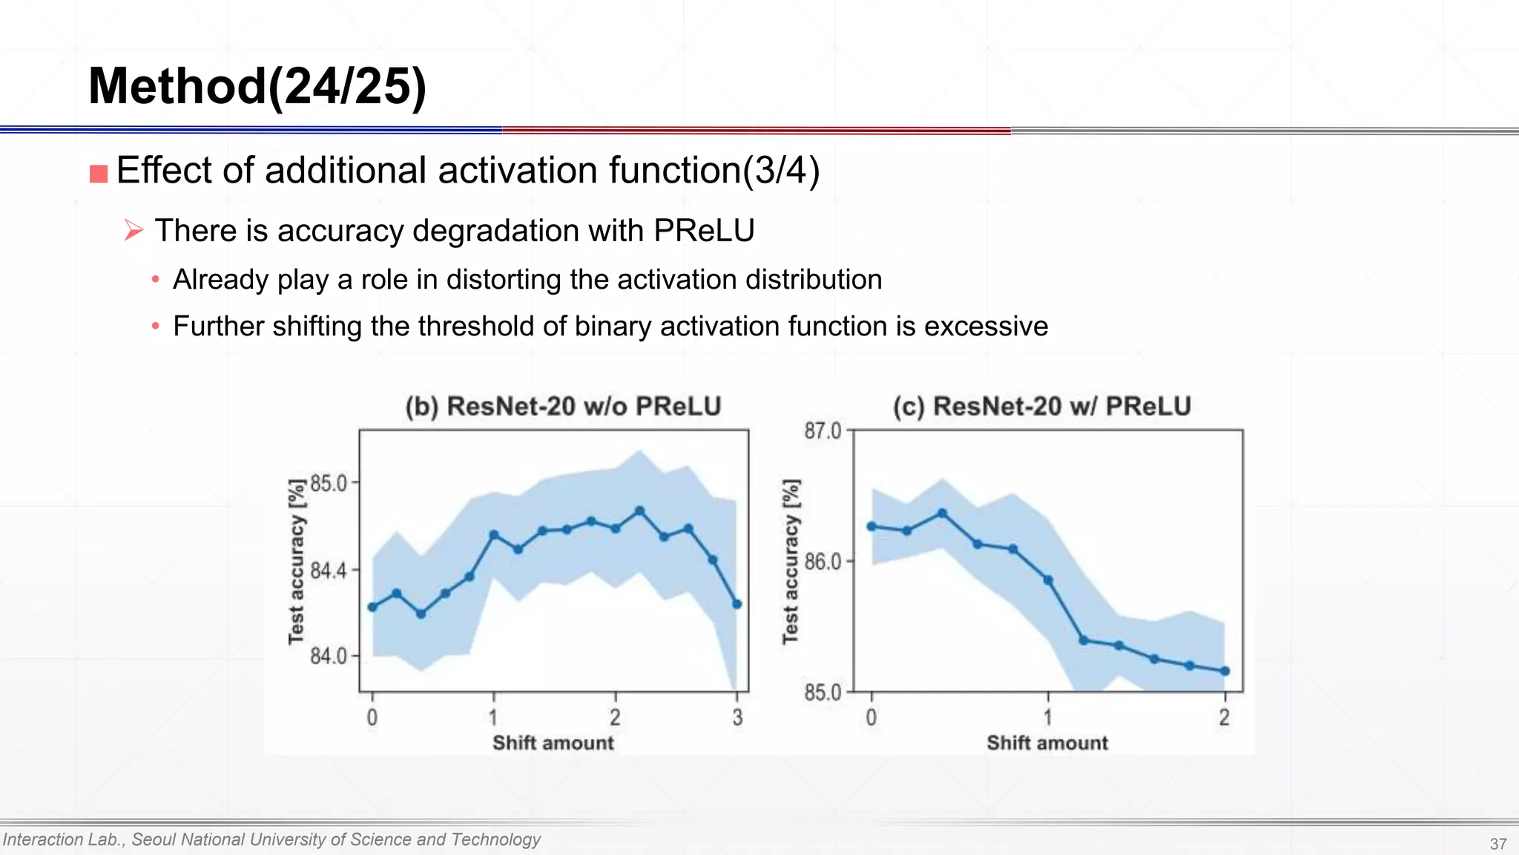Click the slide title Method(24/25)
pos(257,87)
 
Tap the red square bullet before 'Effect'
pos(99,174)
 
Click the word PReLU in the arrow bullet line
pos(704,231)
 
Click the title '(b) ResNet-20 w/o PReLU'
pos(563,407)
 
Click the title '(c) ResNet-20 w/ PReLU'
pos(1041,407)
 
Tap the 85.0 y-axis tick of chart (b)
pos(329,484)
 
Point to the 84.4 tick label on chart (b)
pos(329,571)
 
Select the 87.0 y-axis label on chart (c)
pos(823,431)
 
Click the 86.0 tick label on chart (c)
pos(823,562)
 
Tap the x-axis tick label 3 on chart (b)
pos(737,717)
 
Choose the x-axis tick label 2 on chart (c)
pos(1224,717)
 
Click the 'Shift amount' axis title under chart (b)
pos(553,743)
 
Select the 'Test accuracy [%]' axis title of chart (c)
pos(791,561)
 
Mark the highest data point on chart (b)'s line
pos(640,511)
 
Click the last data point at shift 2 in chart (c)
pos(1225,671)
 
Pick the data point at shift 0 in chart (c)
pos(871,526)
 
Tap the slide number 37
pos(1497,844)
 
